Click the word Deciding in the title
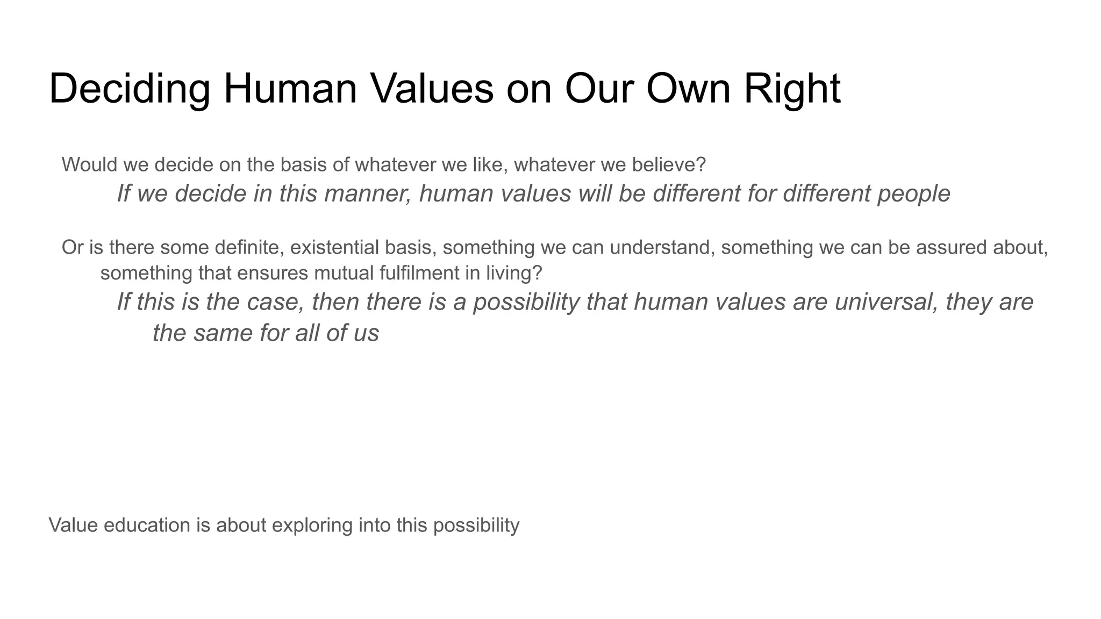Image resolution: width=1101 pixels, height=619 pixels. (129, 89)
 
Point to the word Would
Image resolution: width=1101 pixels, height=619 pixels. (89, 164)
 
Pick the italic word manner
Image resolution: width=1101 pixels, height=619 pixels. (367, 193)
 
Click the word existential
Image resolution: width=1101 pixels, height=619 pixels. (335, 248)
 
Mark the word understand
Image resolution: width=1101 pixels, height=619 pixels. (661, 248)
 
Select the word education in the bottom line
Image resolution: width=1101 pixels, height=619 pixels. (147, 525)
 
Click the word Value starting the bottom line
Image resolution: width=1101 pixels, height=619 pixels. (73, 525)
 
